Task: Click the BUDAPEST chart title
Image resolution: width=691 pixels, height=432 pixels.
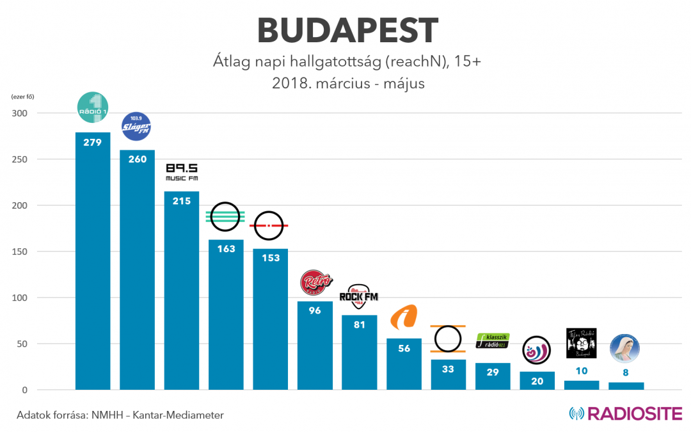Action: [x=347, y=30]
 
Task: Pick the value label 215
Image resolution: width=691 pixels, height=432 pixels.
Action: [x=182, y=201]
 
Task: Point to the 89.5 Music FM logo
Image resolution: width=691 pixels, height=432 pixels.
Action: [x=182, y=172]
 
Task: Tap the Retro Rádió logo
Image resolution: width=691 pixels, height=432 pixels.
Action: [x=315, y=282]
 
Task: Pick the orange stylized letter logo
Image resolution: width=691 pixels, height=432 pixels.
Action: [x=404, y=317]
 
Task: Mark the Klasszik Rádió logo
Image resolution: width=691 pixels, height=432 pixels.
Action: [x=493, y=341]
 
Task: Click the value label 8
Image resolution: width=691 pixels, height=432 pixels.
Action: [x=626, y=372]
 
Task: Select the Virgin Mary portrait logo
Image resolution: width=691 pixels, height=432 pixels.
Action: [x=624, y=348]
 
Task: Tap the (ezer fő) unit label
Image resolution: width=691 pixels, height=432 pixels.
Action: [x=22, y=97]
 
